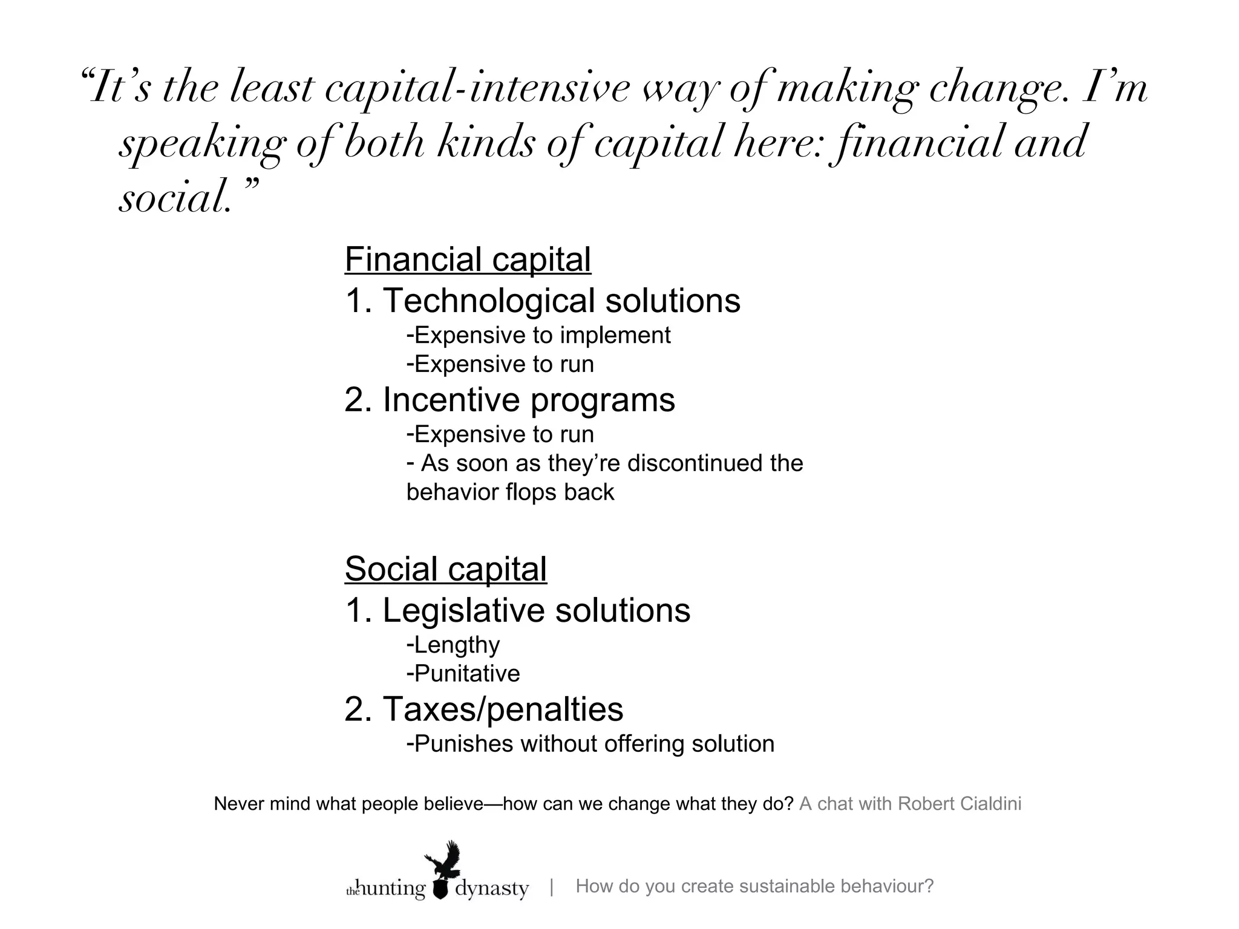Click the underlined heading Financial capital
pos(468,259)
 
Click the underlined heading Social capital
pos(446,569)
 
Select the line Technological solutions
pos(543,301)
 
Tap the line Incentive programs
pos(510,400)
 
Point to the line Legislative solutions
pos(518,610)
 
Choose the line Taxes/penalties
pos(484,709)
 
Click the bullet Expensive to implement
pos(538,335)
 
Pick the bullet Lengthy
pos(454,645)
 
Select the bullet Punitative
pos(463,674)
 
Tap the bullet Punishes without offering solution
pos(590,744)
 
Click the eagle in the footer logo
pos(443,859)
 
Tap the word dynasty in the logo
pos(492,889)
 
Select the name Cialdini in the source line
pos(990,804)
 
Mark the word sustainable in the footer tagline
pos(786,887)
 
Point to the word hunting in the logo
pos(393,889)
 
